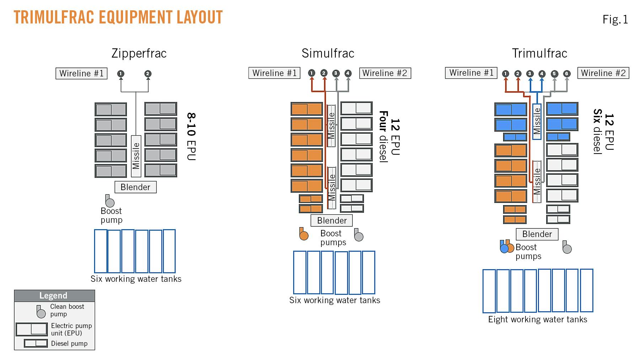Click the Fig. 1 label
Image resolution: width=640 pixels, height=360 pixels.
(x=615, y=19)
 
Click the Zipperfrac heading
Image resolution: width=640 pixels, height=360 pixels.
(x=139, y=53)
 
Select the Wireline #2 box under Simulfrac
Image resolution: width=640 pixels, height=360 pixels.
(x=385, y=73)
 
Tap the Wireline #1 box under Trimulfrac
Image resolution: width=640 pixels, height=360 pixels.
(x=471, y=73)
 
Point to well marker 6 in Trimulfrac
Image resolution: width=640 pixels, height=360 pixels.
(x=567, y=74)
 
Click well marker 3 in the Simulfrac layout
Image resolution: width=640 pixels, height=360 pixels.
(x=336, y=73)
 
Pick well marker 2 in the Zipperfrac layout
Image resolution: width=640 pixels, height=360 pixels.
(x=148, y=74)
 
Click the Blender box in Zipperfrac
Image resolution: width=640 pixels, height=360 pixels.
(x=135, y=187)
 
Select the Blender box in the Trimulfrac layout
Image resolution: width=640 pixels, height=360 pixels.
(x=537, y=234)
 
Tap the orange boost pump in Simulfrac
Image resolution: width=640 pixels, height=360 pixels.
(x=304, y=235)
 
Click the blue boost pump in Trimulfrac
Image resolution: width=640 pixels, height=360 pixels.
(x=504, y=247)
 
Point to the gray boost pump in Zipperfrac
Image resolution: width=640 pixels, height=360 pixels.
(x=110, y=202)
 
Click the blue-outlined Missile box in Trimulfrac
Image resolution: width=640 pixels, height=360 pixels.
(x=537, y=121)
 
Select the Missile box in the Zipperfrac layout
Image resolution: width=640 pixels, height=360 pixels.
(x=136, y=156)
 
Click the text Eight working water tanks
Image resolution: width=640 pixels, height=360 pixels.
(x=537, y=319)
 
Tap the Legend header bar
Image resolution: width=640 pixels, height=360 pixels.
(x=54, y=295)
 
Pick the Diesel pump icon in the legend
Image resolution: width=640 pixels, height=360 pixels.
(x=36, y=343)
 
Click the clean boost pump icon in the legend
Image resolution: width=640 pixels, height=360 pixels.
(x=41, y=312)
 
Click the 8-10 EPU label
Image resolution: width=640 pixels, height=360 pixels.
(x=191, y=136)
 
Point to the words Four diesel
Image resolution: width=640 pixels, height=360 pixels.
(x=383, y=136)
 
